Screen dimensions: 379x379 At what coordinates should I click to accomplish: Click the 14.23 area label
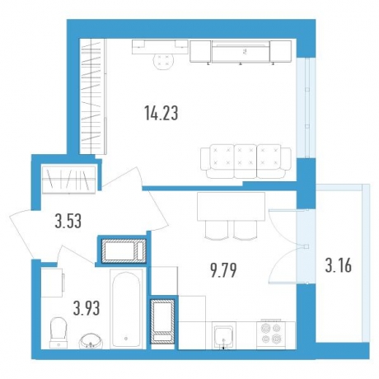coord(161,114)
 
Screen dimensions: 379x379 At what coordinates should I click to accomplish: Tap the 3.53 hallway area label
coord(68,221)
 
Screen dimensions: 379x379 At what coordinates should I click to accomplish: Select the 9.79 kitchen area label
coord(223,270)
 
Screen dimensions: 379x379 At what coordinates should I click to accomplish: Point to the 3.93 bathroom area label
coord(87,308)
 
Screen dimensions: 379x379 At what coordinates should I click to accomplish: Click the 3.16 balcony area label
coord(339,266)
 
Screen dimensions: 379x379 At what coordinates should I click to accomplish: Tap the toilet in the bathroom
coord(58,333)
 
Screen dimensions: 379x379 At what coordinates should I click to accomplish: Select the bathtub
coord(127,310)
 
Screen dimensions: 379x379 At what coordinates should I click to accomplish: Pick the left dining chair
coord(217,230)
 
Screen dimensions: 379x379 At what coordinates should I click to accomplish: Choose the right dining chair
coord(246,230)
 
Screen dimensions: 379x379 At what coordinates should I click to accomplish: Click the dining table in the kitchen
coord(231,206)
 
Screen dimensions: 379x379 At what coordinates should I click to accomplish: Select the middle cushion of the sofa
coord(246,161)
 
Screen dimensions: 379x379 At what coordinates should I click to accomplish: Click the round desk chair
coord(163,62)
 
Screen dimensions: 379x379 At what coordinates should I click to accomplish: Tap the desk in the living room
coord(160,47)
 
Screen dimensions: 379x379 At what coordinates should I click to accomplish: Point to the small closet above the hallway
coord(68,179)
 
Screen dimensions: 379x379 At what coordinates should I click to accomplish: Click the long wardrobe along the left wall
coord(93,96)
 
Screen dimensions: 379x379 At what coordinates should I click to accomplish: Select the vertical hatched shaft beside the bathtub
coord(163,321)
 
